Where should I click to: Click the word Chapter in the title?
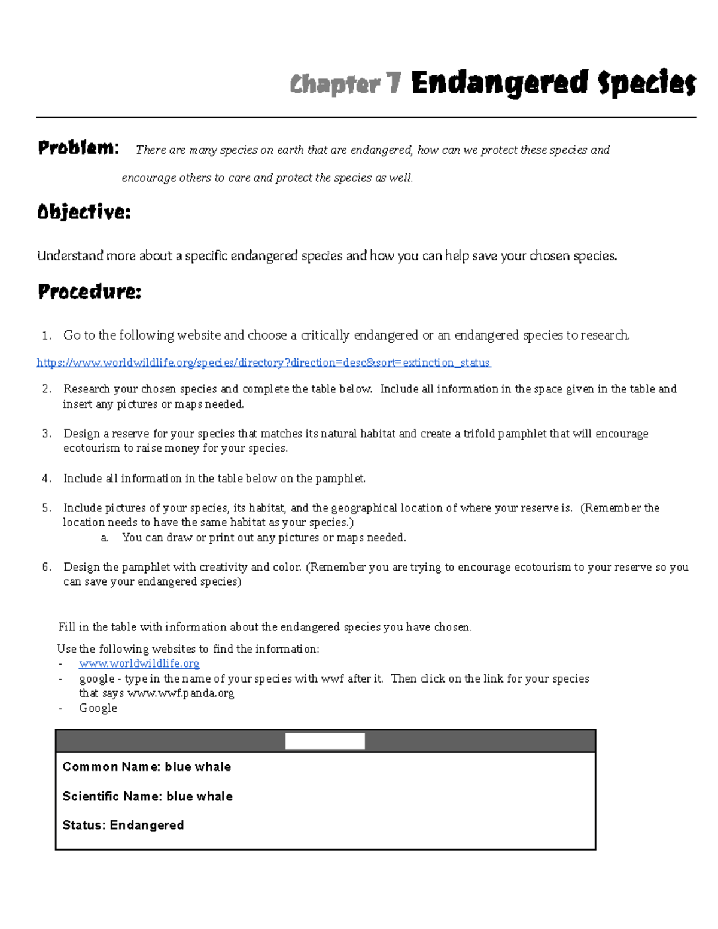tap(334, 84)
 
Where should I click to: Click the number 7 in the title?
tap(393, 83)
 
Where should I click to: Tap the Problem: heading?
tap(78, 148)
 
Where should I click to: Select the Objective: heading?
tap(84, 212)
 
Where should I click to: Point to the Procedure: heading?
tap(90, 291)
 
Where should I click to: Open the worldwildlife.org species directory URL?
tap(263, 363)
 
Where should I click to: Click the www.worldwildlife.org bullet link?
tap(139, 663)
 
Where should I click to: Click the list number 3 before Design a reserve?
tap(47, 434)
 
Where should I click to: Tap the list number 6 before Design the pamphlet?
tap(47, 567)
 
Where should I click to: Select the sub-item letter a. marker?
tap(105, 538)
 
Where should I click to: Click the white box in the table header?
tap(325, 741)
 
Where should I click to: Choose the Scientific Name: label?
tap(112, 796)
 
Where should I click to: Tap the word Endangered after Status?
tap(147, 825)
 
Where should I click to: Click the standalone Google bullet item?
tap(98, 708)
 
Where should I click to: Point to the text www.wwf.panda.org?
tap(181, 693)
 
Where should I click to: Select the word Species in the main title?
tap(646, 83)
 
